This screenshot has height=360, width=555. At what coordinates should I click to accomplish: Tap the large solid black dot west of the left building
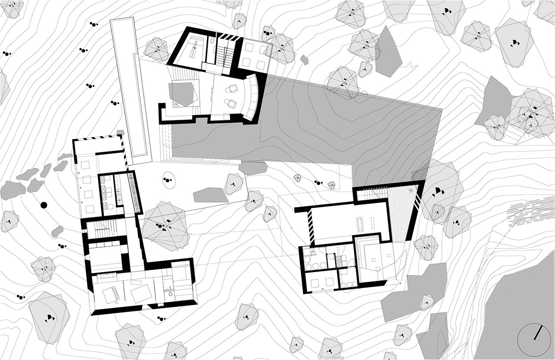[x=43, y=205]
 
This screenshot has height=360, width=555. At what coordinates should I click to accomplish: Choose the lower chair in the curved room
[x=230, y=104]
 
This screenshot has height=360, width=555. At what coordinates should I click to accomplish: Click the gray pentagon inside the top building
[x=181, y=94]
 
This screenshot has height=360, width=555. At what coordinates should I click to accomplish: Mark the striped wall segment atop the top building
[x=227, y=37]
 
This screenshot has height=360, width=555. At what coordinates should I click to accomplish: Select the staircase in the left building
[x=104, y=227]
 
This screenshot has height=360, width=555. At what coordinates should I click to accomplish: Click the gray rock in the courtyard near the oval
[x=210, y=195]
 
